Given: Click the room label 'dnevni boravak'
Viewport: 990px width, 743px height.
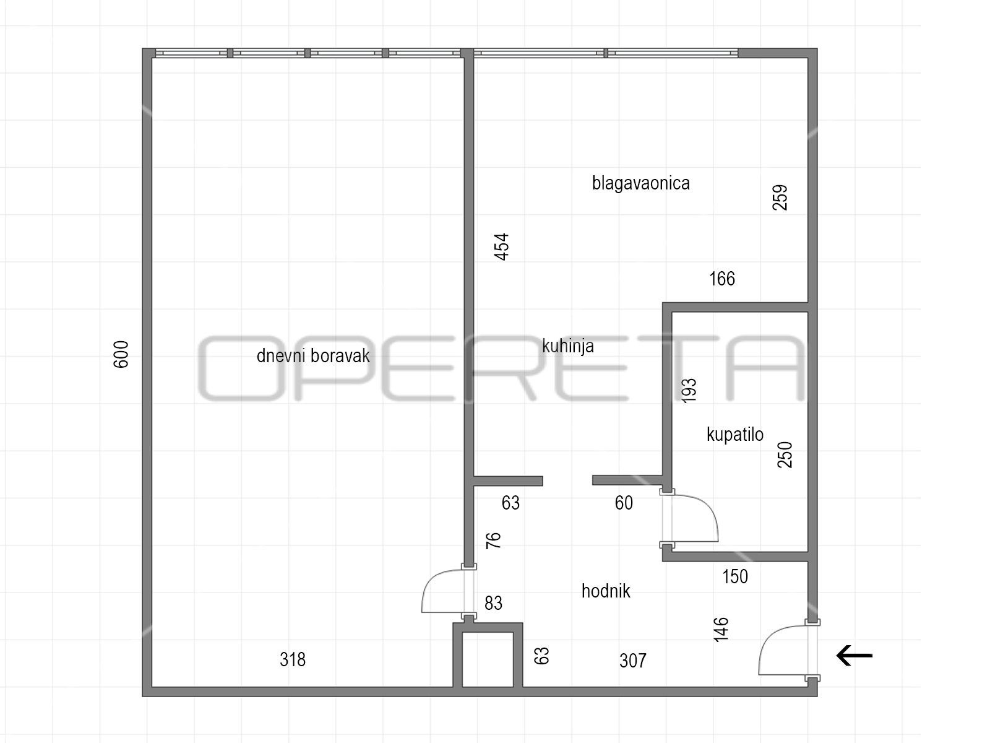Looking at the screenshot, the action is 313,356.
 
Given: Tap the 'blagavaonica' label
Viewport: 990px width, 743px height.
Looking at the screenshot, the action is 641,183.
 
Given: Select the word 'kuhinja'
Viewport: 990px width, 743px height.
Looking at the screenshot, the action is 568,347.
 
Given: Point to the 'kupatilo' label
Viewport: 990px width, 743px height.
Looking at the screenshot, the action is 734,435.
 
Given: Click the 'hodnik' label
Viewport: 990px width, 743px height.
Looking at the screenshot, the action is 606,591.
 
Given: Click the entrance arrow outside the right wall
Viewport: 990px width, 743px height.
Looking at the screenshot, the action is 854,656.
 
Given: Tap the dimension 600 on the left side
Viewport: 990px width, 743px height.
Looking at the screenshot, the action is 121,355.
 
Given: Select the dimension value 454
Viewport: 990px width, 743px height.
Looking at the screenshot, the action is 502,247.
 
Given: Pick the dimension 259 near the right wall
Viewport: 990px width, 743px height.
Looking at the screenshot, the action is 780,198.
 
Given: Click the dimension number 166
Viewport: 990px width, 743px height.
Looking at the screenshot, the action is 722,279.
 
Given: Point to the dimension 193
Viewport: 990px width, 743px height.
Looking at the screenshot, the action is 689,391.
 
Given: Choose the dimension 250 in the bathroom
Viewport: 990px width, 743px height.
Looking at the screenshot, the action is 785,454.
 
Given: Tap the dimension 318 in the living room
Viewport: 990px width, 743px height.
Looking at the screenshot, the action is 293,659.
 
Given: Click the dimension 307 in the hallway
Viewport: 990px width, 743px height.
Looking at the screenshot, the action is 633,661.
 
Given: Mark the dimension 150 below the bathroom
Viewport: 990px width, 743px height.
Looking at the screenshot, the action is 735,576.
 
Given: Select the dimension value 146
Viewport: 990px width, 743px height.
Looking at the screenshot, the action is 721,629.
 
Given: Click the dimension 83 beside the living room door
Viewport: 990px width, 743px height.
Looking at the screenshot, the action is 493,603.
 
